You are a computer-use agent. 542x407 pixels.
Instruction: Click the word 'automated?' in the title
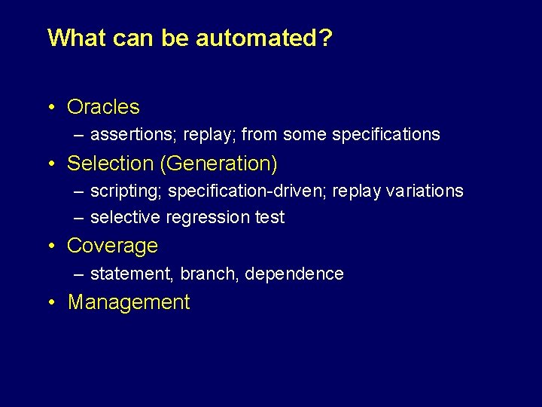coord(263,38)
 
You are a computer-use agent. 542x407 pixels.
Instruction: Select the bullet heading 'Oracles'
coord(103,107)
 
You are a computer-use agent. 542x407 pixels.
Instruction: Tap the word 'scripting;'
coord(126,191)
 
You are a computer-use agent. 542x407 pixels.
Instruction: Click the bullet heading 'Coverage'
coord(112,246)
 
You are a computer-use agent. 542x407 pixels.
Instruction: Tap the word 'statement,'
coord(132,274)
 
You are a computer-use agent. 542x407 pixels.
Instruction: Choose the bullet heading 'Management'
coord(129,302)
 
